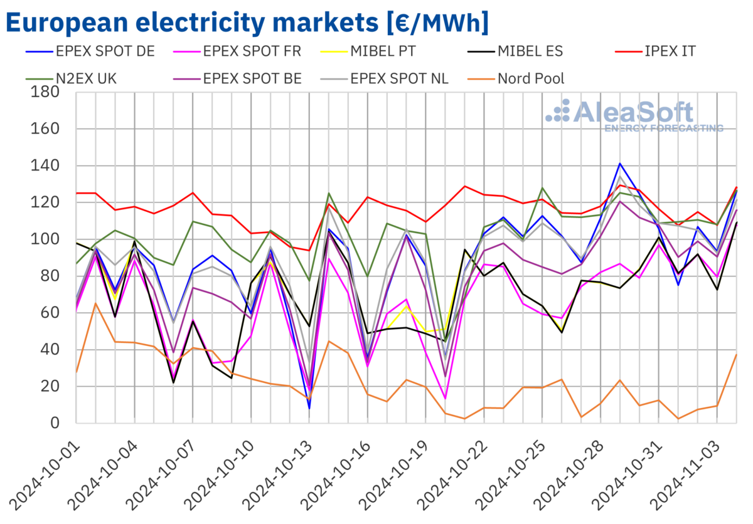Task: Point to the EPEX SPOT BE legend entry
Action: tap(252, 78)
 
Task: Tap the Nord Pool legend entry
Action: tap(530, 78)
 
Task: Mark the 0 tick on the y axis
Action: tap(55, 423)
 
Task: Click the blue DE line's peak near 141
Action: tap(620, 164)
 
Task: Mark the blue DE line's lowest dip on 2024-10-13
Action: tap(309, 409)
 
